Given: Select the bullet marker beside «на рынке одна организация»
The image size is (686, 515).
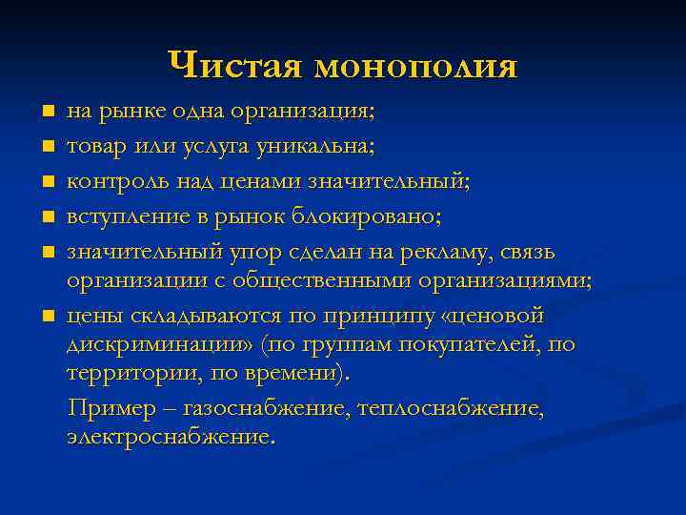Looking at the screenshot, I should (x=48, y=113).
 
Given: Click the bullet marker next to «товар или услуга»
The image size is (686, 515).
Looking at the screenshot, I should (x=48, y=147).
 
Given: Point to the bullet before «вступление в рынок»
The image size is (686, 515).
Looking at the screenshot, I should (x=48, y=217).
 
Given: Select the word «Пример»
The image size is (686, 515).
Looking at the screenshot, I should (x=104, y=409).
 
